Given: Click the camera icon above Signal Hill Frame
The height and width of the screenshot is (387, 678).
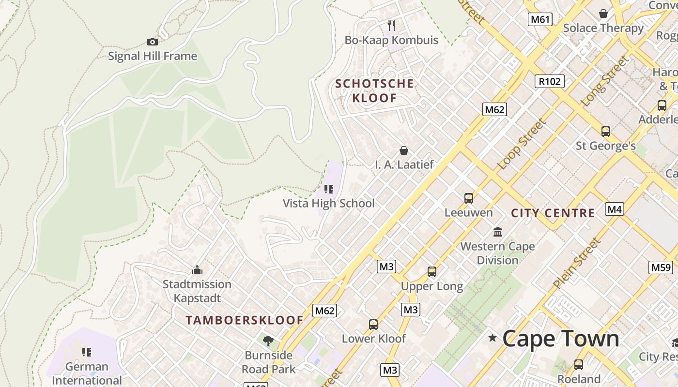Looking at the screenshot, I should pyautogui.click(x=153, y=42).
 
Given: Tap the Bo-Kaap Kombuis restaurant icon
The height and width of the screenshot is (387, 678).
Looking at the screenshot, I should pyautogui.click(x=391, y=25).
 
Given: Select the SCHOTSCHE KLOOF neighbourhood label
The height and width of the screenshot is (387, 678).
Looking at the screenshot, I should pyautogui.click(x=374, y=90).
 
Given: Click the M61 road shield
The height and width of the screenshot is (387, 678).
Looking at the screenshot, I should pyautogui.click(x=540, y=19).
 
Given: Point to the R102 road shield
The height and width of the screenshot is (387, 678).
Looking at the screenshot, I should pyautogui.click(x=550, y=81).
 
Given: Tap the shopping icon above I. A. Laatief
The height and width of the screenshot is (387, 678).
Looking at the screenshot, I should pyautogui.click(x=404, y=151).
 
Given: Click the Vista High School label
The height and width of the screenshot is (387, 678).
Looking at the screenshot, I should pyautogui.click(x=329, y=203).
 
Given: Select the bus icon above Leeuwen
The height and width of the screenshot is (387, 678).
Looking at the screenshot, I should pyautogui.click(x=468, y=198).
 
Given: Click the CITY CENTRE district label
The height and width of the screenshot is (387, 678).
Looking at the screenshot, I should pyautogui.click(x=553, y=213).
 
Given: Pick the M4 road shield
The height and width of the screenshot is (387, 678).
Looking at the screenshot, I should pyautogui.click(x=614, y=209).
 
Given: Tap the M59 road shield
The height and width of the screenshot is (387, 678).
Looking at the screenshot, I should pyautogui.click(x=661, y=267).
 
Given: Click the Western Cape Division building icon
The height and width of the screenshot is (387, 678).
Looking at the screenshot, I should pyautogui.click(x=498, y=232).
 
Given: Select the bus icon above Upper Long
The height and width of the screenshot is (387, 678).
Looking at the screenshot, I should pyautogui.click(x=431, y=272).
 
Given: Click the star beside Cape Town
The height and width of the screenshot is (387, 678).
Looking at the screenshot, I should pyautogui.click(x=493, y=338).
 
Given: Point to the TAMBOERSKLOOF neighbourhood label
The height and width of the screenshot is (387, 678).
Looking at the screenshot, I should pyautogui.click(x=245, y=320).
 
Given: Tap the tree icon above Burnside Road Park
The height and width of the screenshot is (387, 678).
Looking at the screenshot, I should pyautogui.click(x=268, y=341).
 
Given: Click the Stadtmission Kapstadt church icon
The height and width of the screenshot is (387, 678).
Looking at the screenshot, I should pyautogui.click(x=197, y=269).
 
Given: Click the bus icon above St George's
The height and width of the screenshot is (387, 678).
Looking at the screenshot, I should pyautogui.click(x=605, y=132).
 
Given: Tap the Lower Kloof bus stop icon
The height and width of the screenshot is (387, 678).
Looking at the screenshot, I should pyautogui.click(x=373, y=324).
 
